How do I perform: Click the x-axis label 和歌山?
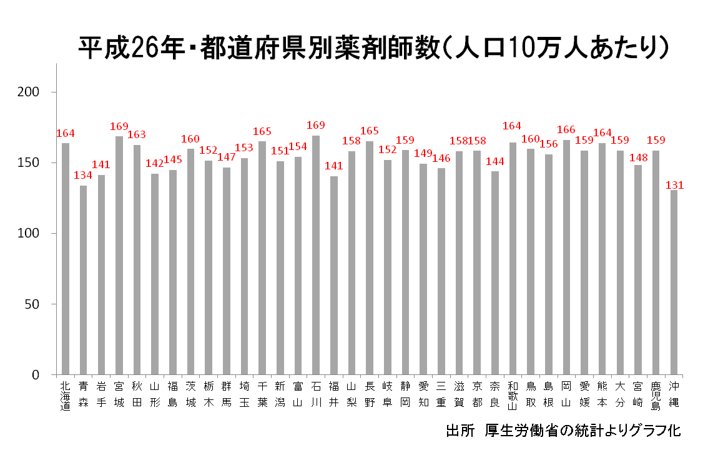point(513,394)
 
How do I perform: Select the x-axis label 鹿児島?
point(656,394)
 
